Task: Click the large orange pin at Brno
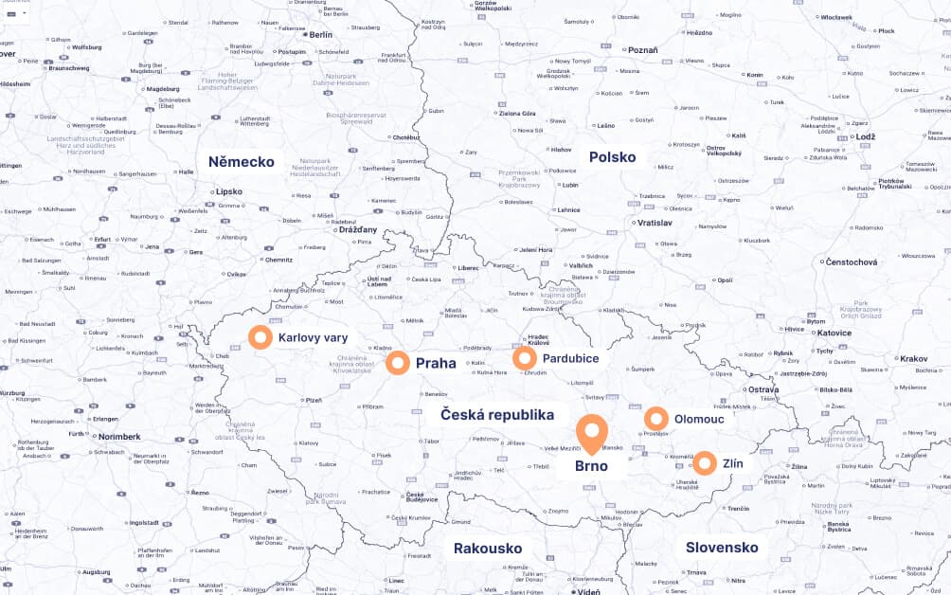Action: coord(592,433)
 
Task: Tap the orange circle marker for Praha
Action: coord(398,363)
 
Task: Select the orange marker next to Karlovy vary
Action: coord(260,337)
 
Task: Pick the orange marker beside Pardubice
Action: coord(525,358)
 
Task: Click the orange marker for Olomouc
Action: coord(656,419)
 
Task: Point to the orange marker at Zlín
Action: coord(705,463)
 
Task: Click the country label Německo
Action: coord(242,162)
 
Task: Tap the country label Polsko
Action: coord(612,157)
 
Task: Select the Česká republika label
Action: coord(496,415)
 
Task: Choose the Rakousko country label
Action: coord(488,549)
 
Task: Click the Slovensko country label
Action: coord(722,548)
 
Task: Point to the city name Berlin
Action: coord(321,34)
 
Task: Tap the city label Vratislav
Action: coord(655,223)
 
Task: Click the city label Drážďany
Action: coord(359,229)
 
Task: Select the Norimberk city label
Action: coord(119,437)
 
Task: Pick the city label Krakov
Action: coord(914,359)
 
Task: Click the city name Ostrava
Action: coord(763,389)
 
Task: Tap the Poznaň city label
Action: coord(642,50)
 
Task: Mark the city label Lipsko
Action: coord(229,190)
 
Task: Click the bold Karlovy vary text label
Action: coord(313,337)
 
